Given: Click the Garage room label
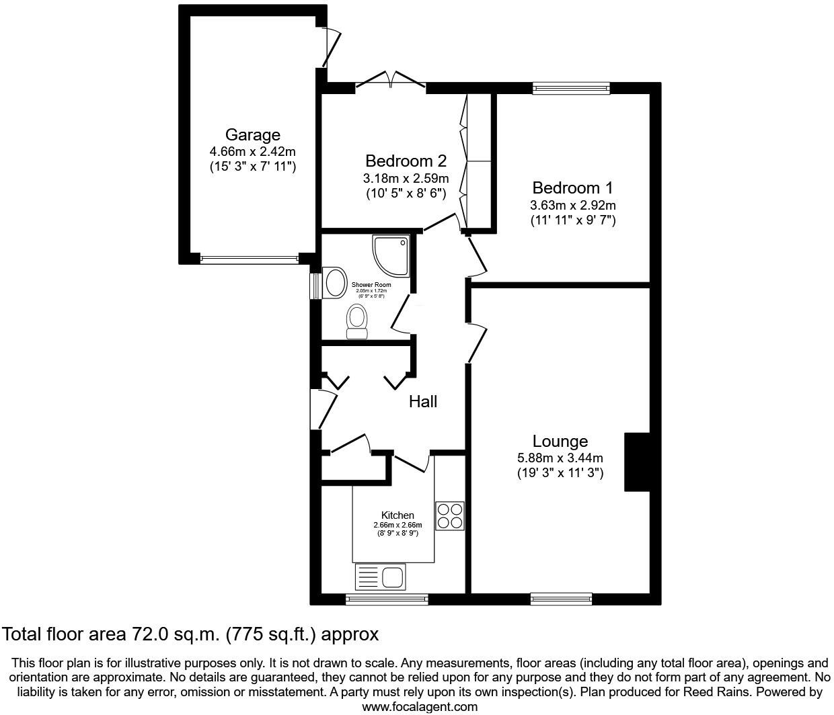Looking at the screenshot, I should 252,135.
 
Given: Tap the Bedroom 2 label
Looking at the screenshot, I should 406,161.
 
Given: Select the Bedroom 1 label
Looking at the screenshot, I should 572,188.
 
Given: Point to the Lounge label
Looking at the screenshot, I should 560,441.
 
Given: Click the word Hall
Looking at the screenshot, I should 423,402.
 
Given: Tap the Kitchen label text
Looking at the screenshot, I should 397,515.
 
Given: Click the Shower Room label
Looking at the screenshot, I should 371,285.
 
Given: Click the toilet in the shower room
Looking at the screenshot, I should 356,321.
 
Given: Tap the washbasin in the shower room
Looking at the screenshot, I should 333,283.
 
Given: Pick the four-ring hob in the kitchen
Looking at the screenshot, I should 449,516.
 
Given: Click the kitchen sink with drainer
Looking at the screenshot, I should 379,577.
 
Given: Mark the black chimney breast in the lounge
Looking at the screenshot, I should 637,462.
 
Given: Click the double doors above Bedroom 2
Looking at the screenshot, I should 391,80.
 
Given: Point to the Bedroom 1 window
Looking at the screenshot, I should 571,87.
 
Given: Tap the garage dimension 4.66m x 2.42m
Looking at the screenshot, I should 252,152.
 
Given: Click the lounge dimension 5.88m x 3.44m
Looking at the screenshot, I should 560,458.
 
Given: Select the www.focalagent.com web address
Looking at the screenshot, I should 420,706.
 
